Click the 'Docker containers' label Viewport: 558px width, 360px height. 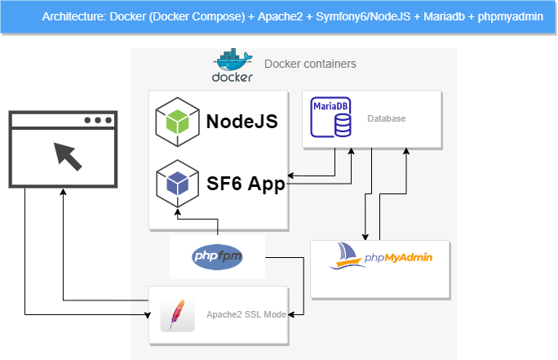310,64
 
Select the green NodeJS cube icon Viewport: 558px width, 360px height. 177,122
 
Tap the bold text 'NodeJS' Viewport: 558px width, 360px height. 242,122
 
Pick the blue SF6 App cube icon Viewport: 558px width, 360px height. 177,184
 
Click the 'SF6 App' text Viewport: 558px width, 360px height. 246,184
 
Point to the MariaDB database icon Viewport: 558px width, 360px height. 331,118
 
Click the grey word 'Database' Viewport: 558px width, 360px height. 386,118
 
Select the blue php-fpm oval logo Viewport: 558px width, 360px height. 217,257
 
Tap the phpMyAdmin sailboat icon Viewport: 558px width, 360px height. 347,256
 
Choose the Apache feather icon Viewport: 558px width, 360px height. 177,315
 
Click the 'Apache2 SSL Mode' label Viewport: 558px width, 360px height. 246,314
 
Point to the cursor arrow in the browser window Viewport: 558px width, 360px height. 68,157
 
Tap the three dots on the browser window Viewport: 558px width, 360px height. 98,120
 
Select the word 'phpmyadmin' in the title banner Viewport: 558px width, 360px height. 511,17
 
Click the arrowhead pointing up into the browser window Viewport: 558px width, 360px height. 63,192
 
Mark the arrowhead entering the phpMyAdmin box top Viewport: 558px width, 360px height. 365,238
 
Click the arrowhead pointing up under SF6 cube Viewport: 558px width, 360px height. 178,212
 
